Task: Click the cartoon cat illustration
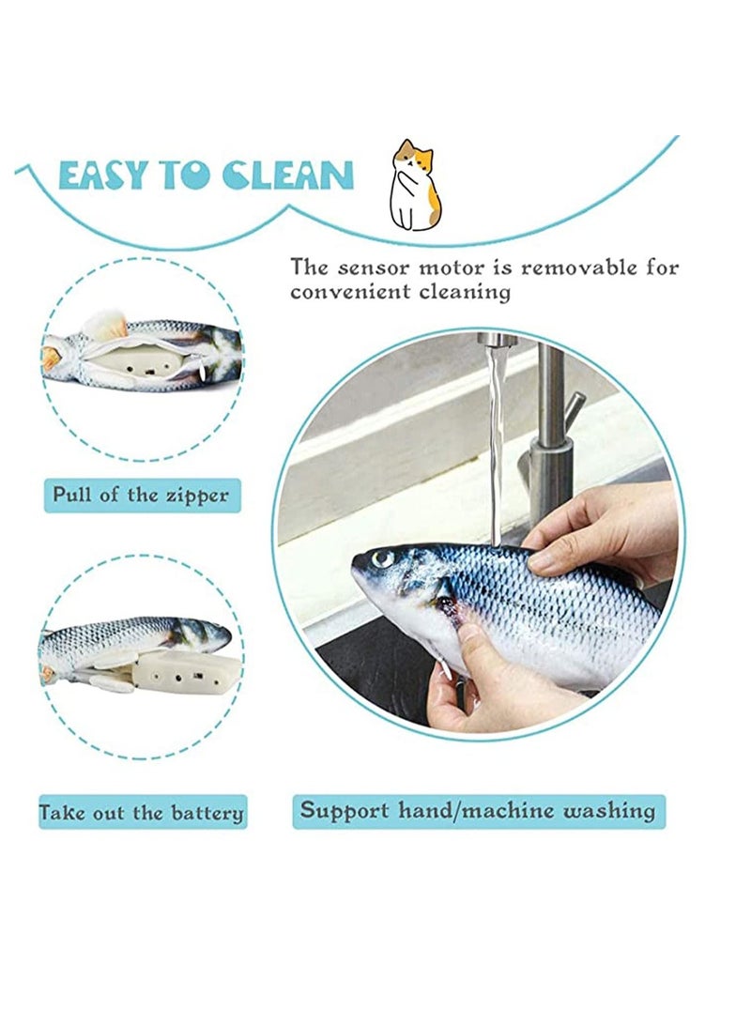tap(415, 186)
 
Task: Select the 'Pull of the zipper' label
tap(141, 495)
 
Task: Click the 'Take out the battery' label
tap(142, 813)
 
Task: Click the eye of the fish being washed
tap(382, 559)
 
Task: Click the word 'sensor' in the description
tap(374, 268)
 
